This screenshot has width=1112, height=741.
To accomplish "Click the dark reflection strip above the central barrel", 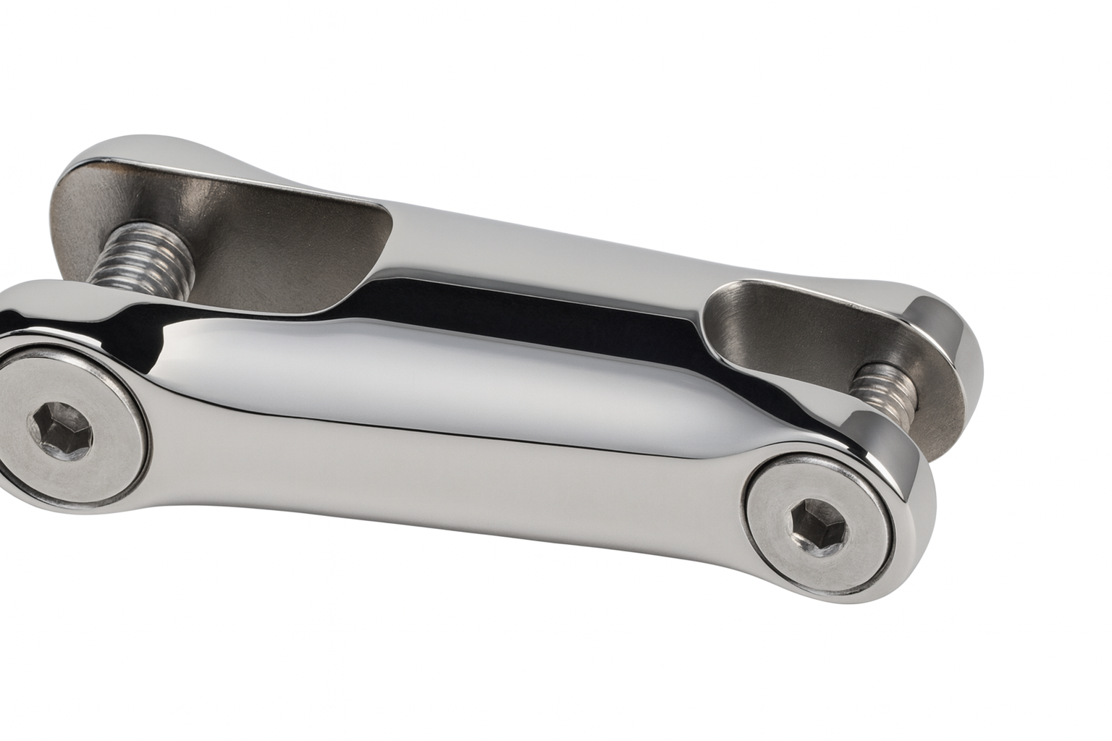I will (507, 318).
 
